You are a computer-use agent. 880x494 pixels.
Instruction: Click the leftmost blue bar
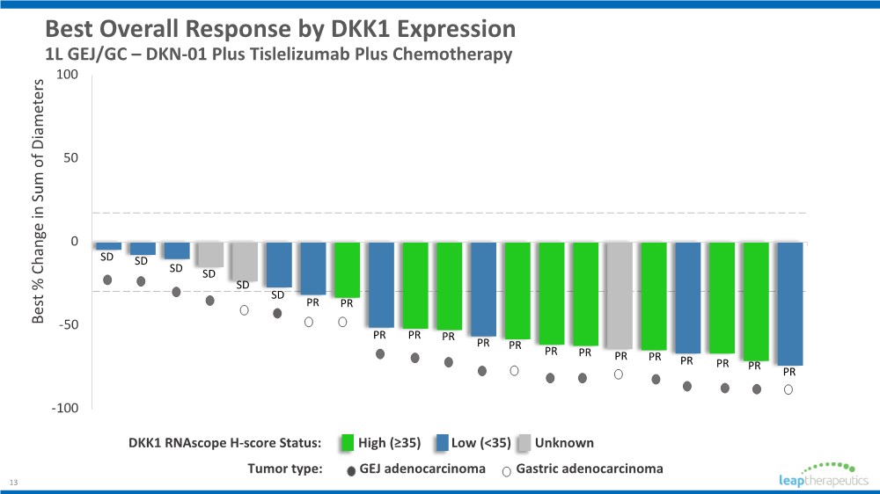tap(109, 246)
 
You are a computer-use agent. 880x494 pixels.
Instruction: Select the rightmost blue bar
tap(789, 304)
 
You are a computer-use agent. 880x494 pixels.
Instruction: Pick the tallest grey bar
tap(619, 296)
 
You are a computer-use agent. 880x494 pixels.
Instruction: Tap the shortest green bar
tap(347, 270)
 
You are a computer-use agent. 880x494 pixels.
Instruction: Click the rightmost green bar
tap(756, 301)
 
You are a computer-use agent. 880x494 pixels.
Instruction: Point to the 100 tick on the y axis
tap(68, 75)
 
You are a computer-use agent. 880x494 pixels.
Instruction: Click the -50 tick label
tap(66, 324)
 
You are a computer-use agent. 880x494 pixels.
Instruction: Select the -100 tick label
tap(65, 408)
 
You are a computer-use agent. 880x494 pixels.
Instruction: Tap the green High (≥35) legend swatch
tap(348, 443)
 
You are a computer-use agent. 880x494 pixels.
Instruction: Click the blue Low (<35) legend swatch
tap(443, 443)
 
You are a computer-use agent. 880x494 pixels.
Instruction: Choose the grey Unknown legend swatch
tap(524, 443)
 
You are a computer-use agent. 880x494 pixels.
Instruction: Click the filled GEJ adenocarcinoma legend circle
tap(351, 471)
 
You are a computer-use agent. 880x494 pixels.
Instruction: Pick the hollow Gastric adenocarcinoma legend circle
tap(506, 471)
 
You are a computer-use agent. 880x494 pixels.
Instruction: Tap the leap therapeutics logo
tap(824, 475)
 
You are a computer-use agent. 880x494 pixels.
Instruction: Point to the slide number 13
tap(13, 483)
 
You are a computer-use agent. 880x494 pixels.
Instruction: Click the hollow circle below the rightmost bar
tap(788, 389)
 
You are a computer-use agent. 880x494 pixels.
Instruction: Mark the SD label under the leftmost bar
tap(106, 257)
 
